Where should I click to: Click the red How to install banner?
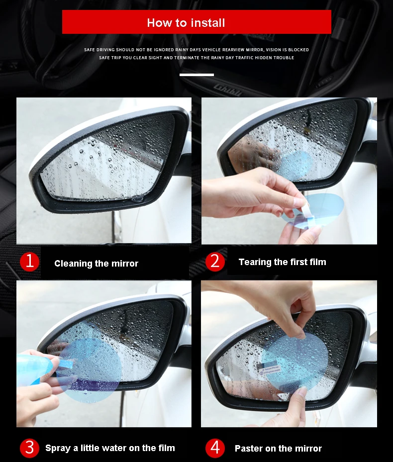[196, 22]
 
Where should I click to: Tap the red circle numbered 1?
[29, 262]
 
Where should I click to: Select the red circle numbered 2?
[215, 262]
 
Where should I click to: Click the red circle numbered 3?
[29, 448]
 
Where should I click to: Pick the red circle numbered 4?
[215, 448]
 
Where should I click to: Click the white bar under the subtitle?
[196, 75]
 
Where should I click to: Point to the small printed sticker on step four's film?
[269, 368]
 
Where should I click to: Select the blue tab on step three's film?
[66, 364]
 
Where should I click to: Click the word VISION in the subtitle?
[274, 50]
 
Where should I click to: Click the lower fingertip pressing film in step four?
[301, 392]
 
